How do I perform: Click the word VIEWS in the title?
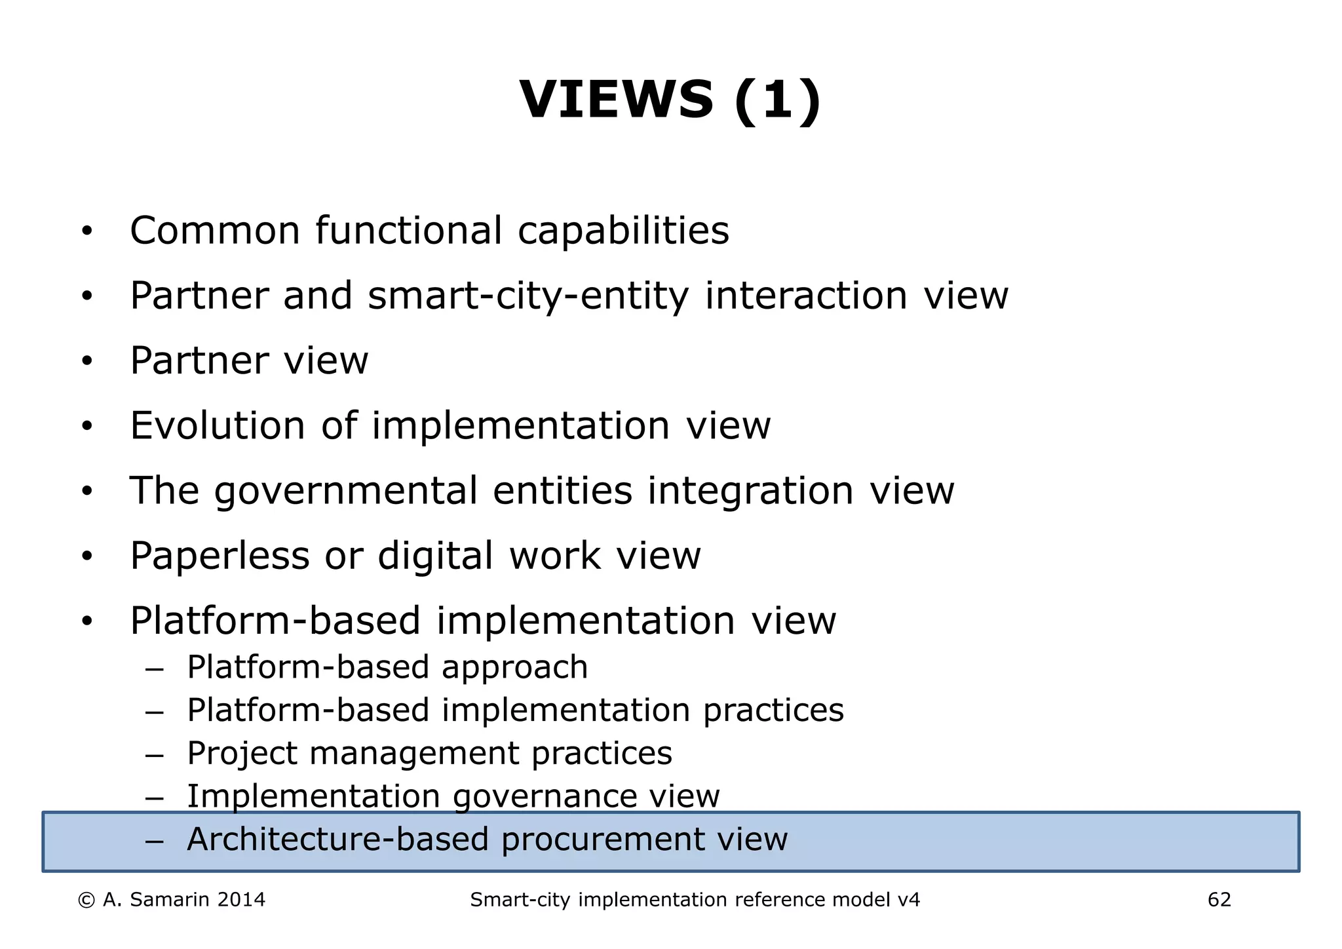[615, 100]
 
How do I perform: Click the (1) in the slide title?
[777, 100]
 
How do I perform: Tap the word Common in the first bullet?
[215, 231]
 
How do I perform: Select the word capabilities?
[623, 231]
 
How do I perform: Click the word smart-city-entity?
[528, 296]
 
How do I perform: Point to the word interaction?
[806, 296]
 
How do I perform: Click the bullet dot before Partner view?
[86, 361]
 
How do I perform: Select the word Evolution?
[218, 426]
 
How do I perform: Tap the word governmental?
[346, 492]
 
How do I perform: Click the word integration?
[750, 491]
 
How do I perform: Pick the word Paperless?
[220, 556]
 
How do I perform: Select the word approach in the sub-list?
[514, 668]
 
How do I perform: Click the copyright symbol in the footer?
[86, 901]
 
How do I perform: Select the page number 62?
[1219, 901]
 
